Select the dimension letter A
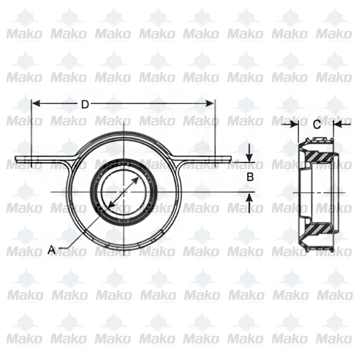click(52, 249)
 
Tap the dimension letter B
click(251, 177)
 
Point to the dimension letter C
click(316, 125)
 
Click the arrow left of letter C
click(294, 125)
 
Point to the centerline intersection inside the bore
click(123, 192)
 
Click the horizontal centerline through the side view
click(317, 193)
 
